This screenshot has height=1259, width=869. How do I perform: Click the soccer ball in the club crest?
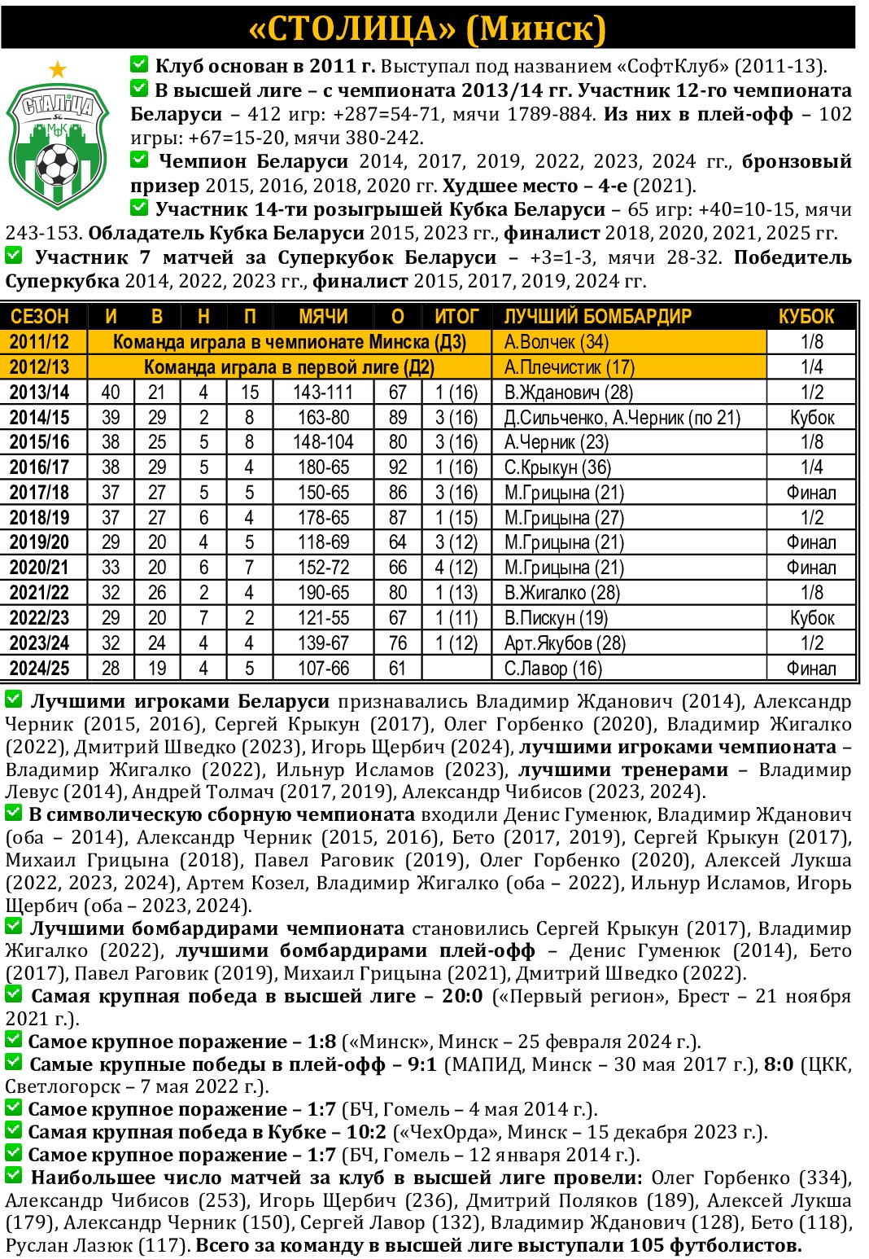(x=57, y=164)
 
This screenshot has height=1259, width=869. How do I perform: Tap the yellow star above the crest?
(x=57, y=70)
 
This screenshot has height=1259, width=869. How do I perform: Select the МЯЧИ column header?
(x=323, y=317)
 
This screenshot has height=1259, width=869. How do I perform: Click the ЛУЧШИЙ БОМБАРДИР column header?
(x=597, y=317)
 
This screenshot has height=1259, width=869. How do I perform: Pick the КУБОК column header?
(x=806, y=317)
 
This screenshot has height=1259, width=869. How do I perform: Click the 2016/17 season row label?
(x=39, y=467)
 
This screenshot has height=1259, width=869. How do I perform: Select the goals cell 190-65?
(x=323, y=593)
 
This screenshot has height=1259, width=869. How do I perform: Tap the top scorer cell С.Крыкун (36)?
(x=557, y=467)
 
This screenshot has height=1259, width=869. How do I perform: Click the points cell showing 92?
(x=397, y=467)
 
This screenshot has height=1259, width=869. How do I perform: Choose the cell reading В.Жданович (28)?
(x=568, y=393)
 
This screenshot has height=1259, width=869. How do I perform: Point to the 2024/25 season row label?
(x=39, y=669)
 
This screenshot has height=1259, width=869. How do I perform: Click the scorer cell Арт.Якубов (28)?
(x=565, y=643)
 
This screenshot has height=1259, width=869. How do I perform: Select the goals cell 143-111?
(x=323, y=393)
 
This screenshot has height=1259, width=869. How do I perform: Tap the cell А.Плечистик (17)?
(x=569, y=367)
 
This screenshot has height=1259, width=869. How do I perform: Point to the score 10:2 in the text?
(x=366, y=1133)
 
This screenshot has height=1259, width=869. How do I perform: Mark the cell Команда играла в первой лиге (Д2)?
(x=289, y=367)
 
